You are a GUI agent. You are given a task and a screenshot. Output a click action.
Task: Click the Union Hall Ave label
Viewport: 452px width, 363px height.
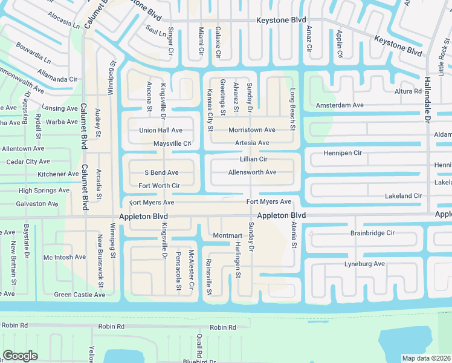[x=160, y=130]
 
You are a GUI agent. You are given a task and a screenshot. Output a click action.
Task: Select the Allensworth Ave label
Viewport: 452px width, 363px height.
[x=252, y=172]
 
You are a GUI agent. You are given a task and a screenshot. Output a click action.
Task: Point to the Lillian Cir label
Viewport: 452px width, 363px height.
[x=253, y=159]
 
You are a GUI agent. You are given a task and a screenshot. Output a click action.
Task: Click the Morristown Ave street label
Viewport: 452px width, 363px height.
[x=251, y=130]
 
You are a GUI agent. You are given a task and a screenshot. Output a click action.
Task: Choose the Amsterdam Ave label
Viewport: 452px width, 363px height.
[x=340, y=105]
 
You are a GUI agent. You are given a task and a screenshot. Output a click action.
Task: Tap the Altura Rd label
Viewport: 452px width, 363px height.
[x=408, y=91]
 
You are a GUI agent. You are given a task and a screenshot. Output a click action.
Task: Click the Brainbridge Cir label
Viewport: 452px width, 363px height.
[x=372, y=233]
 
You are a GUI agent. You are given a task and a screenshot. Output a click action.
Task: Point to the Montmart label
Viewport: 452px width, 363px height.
[x=227, y=235]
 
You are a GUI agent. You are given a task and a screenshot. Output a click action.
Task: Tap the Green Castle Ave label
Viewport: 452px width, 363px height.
[x=80, y=295]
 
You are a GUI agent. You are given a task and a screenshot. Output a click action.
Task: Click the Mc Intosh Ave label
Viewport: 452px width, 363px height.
[x=65, y=257]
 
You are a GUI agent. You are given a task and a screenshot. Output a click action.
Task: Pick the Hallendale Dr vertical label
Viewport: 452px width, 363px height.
[x=427, y=97]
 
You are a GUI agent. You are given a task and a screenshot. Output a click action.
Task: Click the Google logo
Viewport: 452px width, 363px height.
[x=20, y=356]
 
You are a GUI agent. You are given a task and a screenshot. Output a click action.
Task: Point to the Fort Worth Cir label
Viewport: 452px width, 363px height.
[x=159, y=186]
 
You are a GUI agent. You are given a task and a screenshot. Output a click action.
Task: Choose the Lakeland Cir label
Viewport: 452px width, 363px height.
[x=403, y=196]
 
